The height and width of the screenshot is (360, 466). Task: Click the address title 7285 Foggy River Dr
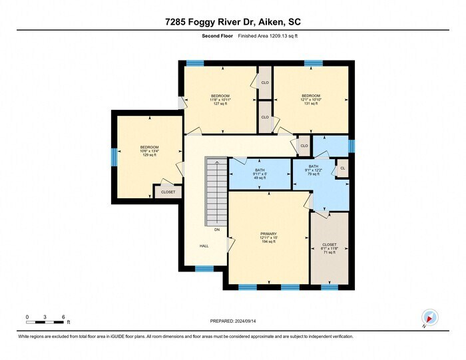(x=232, y=21)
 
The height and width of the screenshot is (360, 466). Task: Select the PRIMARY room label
(x=268, y=238)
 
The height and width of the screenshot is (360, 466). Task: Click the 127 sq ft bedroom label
(x=220, y=100)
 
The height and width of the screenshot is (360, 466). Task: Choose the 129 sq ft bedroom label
(x=149, y=151)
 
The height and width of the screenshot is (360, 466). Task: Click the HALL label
(x=204, y=246)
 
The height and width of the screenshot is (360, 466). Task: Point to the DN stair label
(x=217, y=230)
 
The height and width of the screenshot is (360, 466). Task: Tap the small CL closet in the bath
(x=343, y=168)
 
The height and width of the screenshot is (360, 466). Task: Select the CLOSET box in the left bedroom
(x=168, y=192)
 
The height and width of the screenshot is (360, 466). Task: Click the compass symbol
(x=429, y=317)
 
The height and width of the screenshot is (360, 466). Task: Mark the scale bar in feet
(x=45, y=322)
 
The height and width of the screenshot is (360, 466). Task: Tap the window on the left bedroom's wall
(x=113, y=156)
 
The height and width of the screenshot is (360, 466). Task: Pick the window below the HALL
(x=204, y=269)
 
